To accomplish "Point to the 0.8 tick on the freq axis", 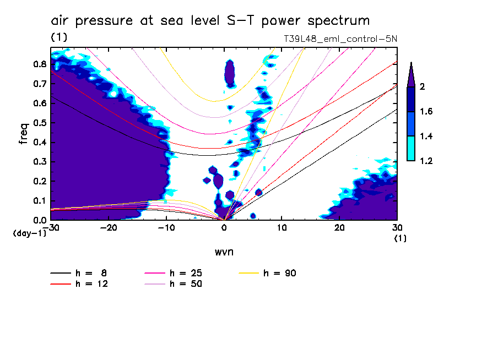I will [x=39, y=64].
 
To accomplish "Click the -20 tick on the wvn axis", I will [x=109, y=228].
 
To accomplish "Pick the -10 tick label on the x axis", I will [x=166, y=228].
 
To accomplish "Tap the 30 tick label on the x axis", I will [x=397, y=228].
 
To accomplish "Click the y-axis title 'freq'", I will [x=24, y=134].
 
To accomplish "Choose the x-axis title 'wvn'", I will [x=224, y=252].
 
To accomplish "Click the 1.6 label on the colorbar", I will [x=426, y=112].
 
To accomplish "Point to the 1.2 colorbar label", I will [x=426, y=161].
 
